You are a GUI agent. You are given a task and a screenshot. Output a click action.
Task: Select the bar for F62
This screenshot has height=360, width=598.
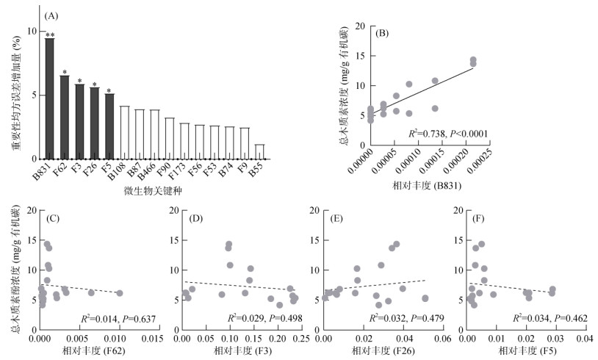[65, 118]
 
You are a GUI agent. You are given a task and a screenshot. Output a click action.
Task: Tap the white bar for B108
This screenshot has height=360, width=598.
[124, 132]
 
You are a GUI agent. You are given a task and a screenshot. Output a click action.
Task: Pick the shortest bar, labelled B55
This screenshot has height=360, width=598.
[259, 151]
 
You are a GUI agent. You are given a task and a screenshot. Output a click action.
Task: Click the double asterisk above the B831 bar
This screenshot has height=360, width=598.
[49, 34]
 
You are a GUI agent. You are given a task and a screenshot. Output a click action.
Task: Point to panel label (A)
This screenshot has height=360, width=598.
[51, 14]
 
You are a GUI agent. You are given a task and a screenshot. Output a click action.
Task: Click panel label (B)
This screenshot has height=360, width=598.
[383, 33]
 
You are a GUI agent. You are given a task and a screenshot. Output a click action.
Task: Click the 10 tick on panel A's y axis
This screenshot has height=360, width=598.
[29, 32]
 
